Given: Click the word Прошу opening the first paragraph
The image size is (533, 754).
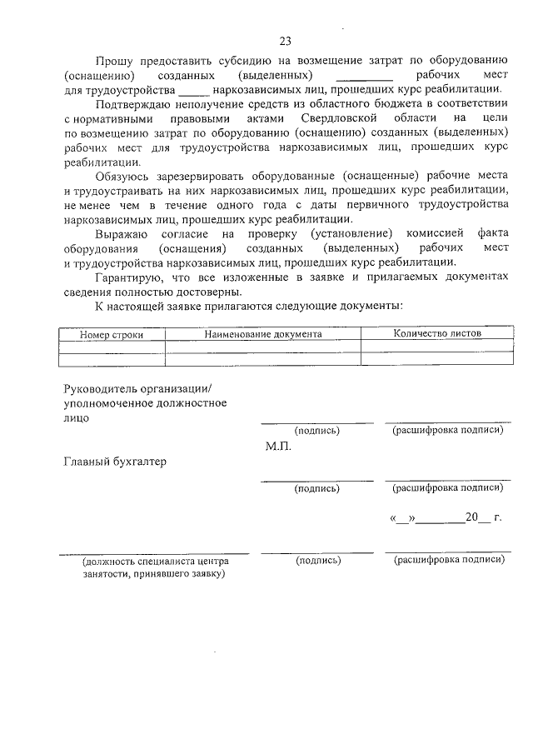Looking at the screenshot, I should (x=112, y=61).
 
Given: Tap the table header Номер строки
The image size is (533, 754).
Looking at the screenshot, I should (x=112, y=334).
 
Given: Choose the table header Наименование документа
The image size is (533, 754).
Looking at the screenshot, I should (x=263, y=333).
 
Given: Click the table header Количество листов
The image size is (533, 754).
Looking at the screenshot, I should (x=436, y=333).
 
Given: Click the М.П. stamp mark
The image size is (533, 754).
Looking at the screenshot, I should (x=276, y=447).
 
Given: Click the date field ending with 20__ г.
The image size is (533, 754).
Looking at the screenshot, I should (x=446, y=517).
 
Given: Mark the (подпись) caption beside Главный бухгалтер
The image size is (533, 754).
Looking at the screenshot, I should (x=317, y=488).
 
